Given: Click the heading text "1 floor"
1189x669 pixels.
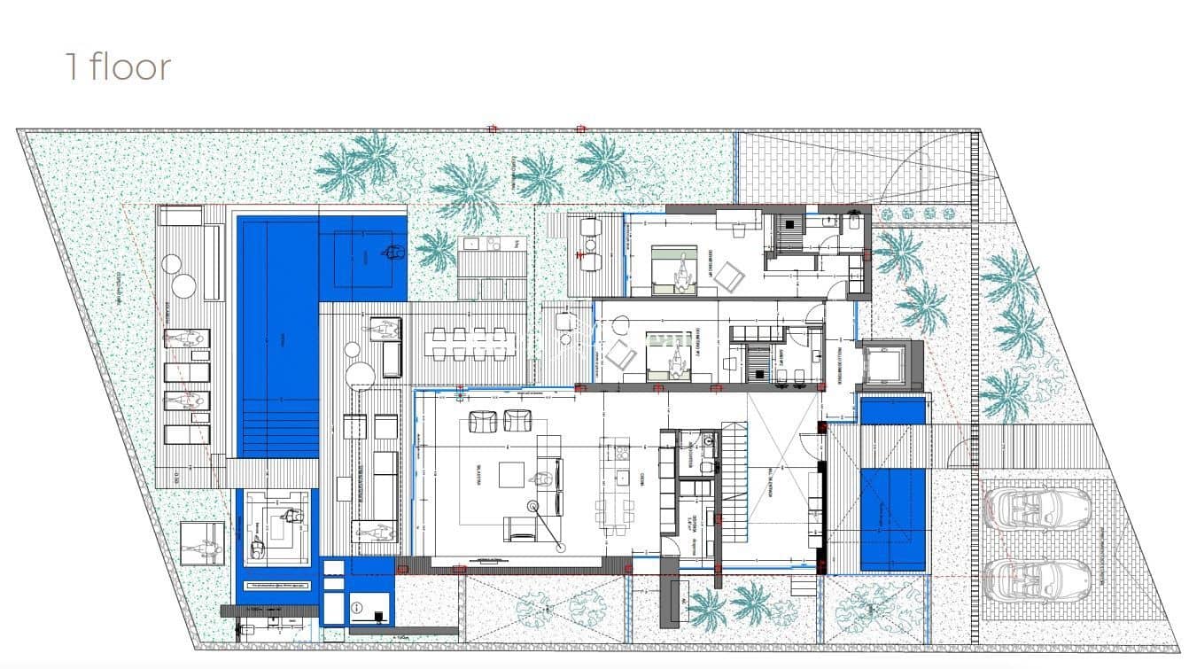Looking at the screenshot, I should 118,67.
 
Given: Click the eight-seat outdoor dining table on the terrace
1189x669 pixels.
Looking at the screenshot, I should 466,343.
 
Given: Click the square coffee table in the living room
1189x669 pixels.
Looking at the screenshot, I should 510,475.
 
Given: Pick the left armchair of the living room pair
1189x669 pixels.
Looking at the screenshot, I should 483,422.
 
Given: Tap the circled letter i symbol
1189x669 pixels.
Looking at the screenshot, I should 357,607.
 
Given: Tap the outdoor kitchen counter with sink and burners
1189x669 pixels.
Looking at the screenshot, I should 482,244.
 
